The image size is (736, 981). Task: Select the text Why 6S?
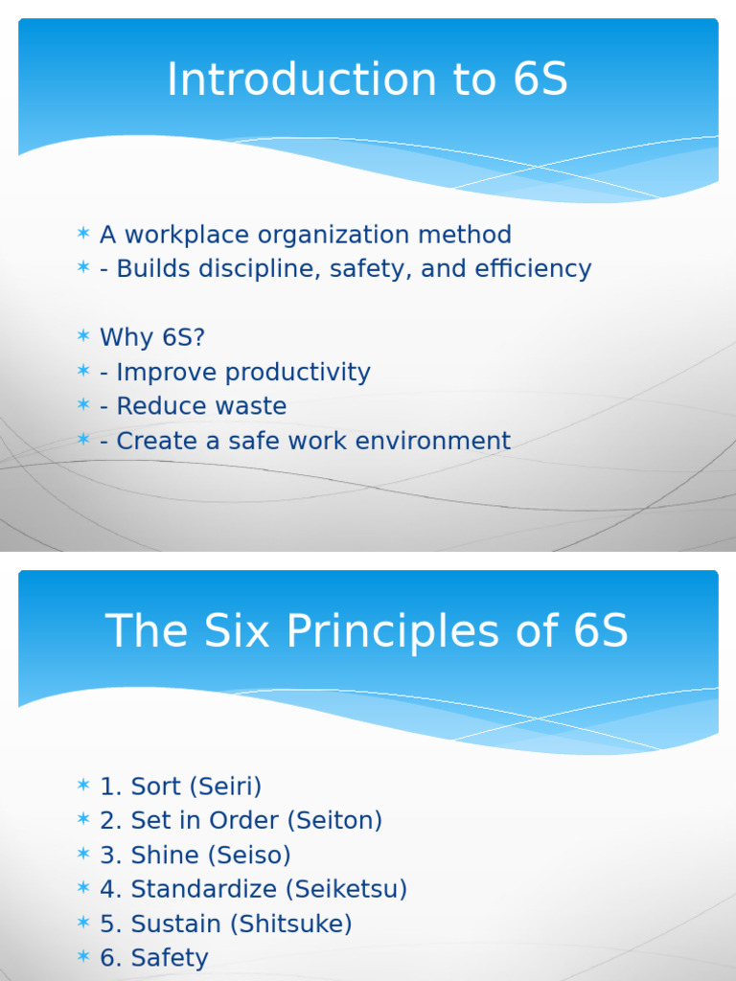click(152, 338)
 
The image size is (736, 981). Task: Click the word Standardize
click(204, 890)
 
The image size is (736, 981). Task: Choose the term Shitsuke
click(305, 924)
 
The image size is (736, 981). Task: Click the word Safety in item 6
click(170, 958)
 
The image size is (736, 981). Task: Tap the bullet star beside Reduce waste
click(83, 405)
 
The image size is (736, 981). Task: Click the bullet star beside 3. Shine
click(83, 855)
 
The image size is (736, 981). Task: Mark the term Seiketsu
click(346, 890)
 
